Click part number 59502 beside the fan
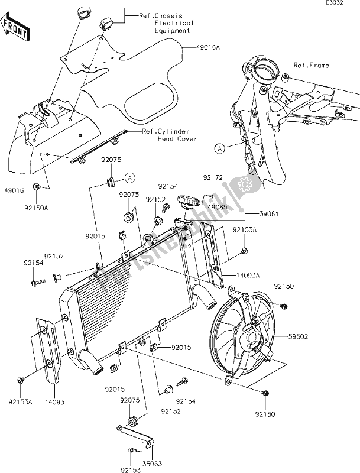point(301,336)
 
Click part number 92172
point(213,177)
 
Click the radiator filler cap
point(190,205)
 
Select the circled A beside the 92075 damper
point(130,176)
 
